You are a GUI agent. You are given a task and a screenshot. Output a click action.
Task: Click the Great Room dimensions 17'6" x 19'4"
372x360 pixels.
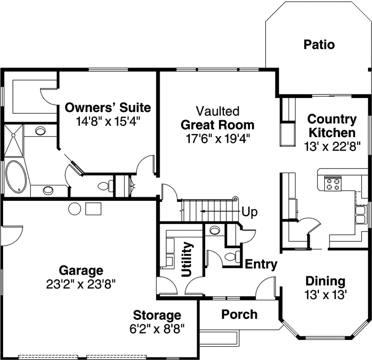(217, 138)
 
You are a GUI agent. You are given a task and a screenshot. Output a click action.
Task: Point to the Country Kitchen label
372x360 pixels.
(331, 126)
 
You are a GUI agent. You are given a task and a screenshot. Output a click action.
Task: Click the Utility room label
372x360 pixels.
(188, 259)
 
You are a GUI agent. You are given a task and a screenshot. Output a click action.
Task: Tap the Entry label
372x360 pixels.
(261, 265)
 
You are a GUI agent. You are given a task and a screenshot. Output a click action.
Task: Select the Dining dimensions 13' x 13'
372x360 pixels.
(325, 295)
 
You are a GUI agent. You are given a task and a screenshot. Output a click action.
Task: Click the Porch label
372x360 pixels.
(239, 314)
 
